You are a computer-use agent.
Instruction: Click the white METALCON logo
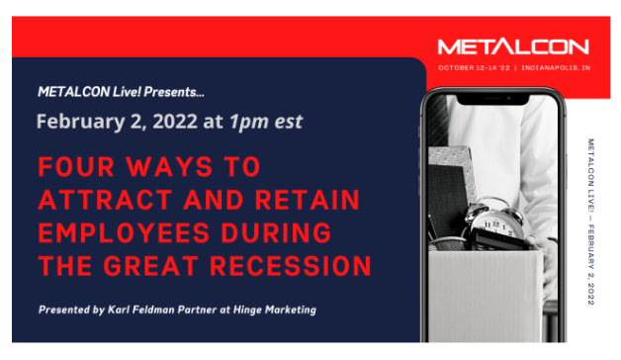(512, 46)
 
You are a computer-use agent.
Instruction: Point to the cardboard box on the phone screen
(485, 297)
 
